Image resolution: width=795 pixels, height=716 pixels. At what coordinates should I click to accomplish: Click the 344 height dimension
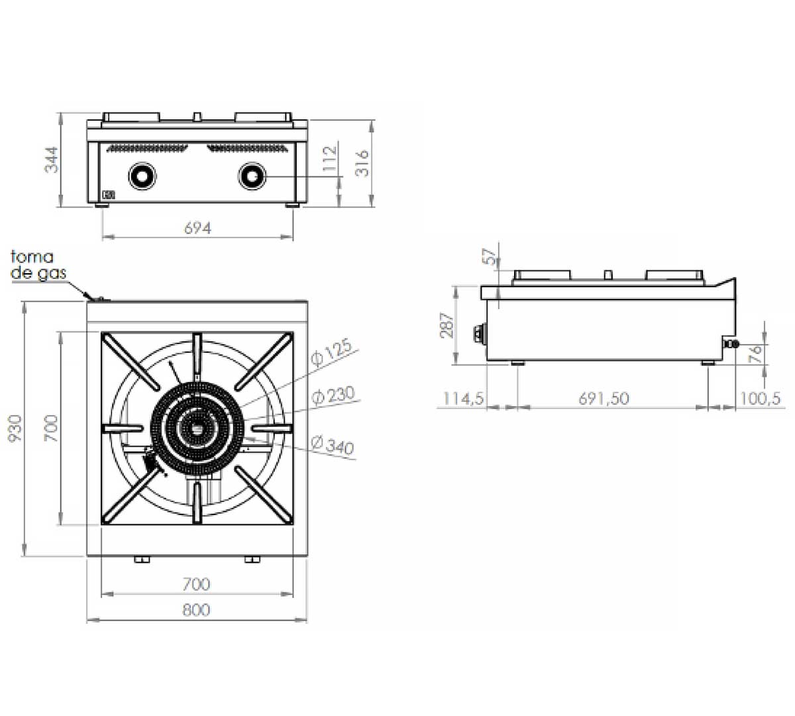click(x=51, y=160)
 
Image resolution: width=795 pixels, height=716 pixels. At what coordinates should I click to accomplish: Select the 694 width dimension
click(x=198, y=228)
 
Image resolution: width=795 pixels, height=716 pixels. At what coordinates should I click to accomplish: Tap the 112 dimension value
click(x=329, y=158)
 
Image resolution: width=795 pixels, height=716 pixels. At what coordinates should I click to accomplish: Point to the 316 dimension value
click(x=362, y=164)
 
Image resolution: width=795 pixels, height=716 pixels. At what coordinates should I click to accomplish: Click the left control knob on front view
click(x=142, y=176)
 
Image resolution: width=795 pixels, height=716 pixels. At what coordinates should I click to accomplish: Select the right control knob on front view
click(x=252, y=176)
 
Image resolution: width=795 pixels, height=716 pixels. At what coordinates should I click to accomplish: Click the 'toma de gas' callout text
click(x=38, y=265)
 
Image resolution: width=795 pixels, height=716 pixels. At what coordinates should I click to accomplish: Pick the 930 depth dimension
click(x=15, y=428)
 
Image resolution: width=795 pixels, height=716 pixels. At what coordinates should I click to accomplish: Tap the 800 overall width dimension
click(x=197, y=610)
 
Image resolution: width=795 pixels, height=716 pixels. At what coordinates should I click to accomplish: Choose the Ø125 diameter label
click(x=331, y=351)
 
